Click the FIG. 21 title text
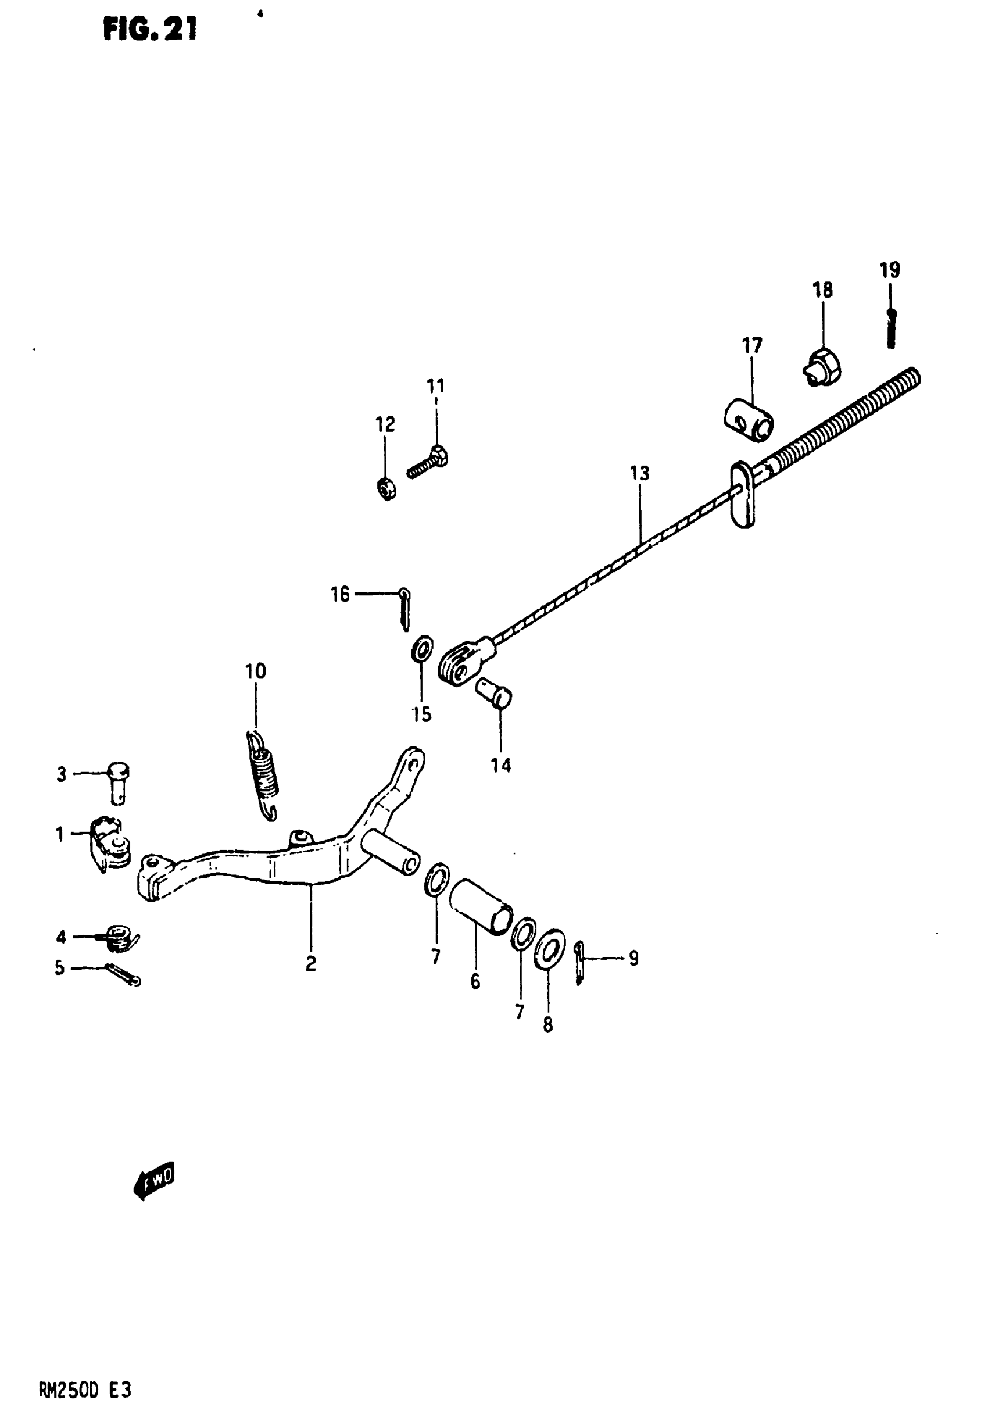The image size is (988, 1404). tap(150, 29)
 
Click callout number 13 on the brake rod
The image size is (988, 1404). tap(639, 473)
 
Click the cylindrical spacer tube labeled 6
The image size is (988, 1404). tap(481, 914)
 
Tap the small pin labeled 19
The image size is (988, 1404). tap(891, 330)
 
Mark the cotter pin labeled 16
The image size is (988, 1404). tap(404, 609)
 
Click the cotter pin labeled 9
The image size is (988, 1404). tap(579, 964)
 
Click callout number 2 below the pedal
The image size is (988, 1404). tap(310, 964)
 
